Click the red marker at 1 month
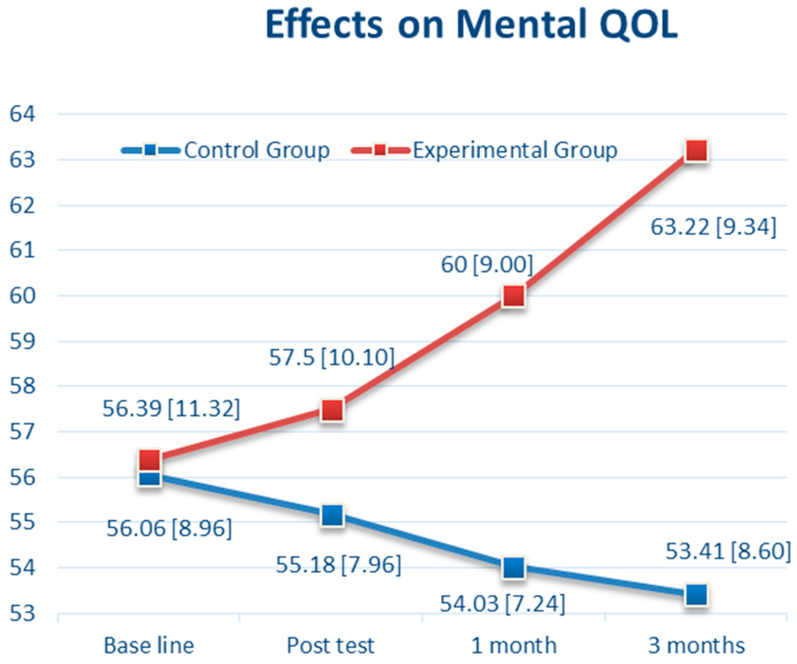514,296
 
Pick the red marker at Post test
332,410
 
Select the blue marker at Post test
332,515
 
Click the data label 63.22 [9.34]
713,227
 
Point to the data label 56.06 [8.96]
169,528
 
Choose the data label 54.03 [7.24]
502,604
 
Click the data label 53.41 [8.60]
728,551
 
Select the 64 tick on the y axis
22,114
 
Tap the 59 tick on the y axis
22,341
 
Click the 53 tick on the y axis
22,614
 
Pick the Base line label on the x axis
149,646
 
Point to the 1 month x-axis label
514,646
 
